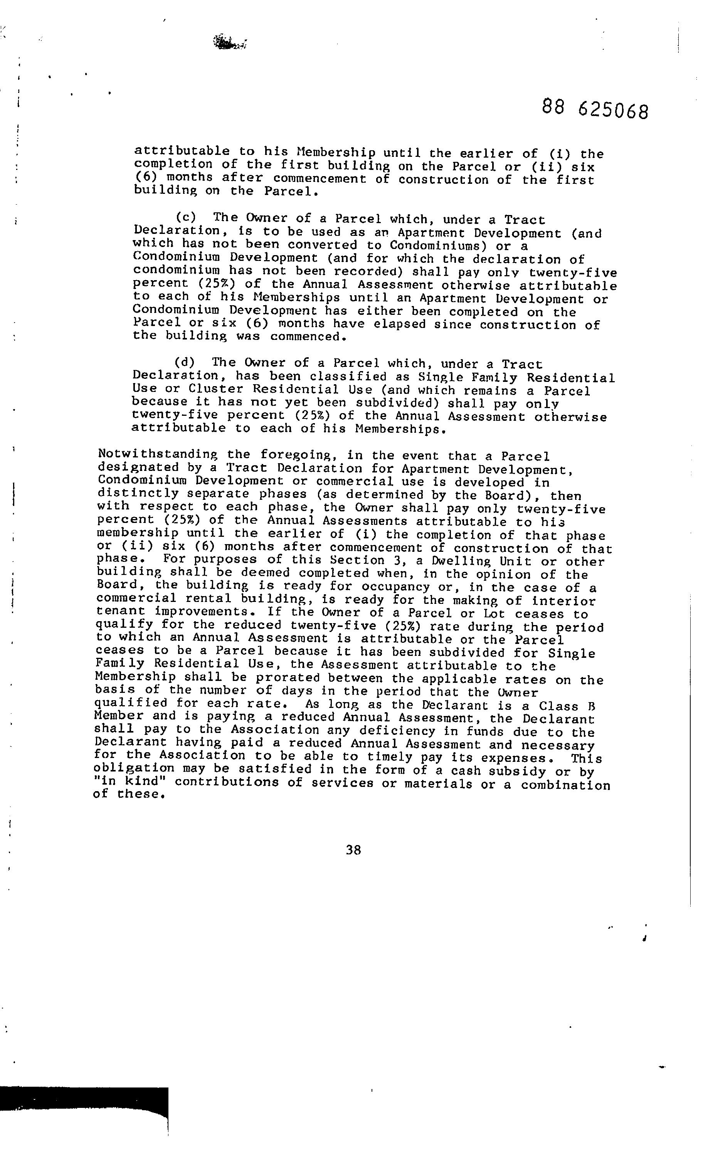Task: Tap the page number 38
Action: [353, 849]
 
